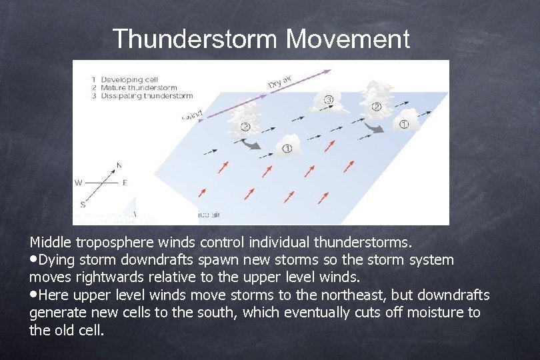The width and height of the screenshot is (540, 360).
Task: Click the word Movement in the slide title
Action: point(348,39)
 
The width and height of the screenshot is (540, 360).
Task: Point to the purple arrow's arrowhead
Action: point(327,69)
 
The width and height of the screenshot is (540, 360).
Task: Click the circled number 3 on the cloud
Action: point(329,100)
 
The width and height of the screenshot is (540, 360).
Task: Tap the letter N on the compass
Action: point(119,165)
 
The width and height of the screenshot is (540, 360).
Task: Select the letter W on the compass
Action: point(78,182)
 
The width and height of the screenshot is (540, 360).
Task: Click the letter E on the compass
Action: point(125,182)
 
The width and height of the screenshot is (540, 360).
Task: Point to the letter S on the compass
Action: point(83,204)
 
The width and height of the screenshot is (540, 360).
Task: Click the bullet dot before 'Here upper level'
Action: point(33,295)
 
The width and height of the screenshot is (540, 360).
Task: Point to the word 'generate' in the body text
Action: point(55,311)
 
